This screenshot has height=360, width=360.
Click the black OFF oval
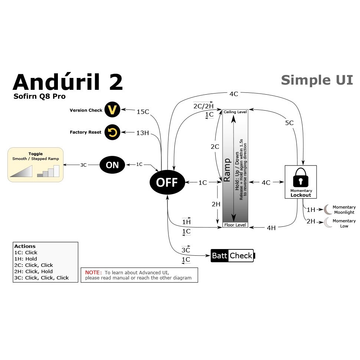click(167, 182)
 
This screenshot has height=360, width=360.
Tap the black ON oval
click(112, 165)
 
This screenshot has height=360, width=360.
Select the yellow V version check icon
click(112, 109)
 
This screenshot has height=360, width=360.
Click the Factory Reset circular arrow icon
click(112, 132)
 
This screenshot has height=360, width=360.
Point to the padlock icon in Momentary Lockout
click(301, 177)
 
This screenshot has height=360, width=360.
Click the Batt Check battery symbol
click(233, 256)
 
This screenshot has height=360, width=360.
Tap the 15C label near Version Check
click(143, 112)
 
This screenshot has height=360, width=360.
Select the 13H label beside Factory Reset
click(143, 133)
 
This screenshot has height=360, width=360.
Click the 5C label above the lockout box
click(289, 123)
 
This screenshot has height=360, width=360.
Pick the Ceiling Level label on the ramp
click(235, 112)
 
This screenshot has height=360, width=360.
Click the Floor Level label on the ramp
click(235, 225)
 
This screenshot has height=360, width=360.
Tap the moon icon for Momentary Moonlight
click(327, 209)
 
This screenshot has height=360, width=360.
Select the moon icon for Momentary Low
click(328, 222)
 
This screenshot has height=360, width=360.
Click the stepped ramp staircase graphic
click(48, 171)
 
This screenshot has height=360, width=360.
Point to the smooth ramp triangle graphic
click(21, 171)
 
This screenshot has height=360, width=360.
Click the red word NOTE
click(93, 272)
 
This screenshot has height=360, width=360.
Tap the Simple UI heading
click(317, 80)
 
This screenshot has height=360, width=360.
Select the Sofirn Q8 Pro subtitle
click(39, 96)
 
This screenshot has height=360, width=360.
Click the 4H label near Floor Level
click(271, 228)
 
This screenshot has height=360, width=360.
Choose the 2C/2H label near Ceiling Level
click(203, 106)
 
